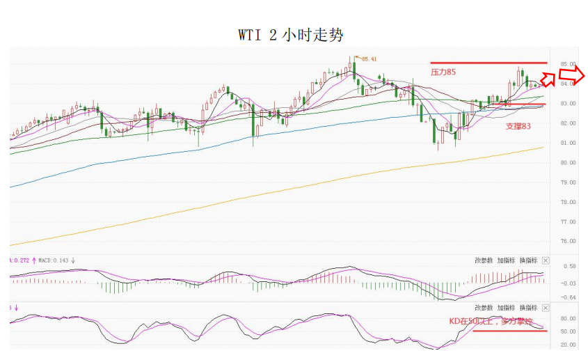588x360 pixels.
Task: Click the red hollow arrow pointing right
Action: [x=572, y=76]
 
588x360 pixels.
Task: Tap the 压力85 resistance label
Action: [x=443, y=72]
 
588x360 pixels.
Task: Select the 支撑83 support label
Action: [x=518, y=126]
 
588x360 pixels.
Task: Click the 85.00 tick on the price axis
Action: [x=568, y=63]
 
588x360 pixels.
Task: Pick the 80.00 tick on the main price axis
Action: [x=568, y=162]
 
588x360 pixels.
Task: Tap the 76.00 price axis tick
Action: [x=568, y=242]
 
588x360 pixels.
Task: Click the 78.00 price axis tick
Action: [x=568, y=202]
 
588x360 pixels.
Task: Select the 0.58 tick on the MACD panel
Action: [x=568, y=267]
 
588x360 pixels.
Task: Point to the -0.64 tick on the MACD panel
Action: [x=568, y=297]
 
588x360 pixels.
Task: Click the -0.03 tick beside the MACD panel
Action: [x=568, y=282]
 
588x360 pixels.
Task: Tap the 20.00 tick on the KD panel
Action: [x=568, y=345]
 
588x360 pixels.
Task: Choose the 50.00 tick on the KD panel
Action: [x=568, y=331]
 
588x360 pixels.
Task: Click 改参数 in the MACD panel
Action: [x=484, y=260]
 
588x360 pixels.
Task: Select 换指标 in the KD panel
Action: [x=528, y=307]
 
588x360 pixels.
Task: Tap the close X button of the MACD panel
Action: [x=545, y=260]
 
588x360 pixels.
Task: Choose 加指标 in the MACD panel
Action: [x=506, y=260]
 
